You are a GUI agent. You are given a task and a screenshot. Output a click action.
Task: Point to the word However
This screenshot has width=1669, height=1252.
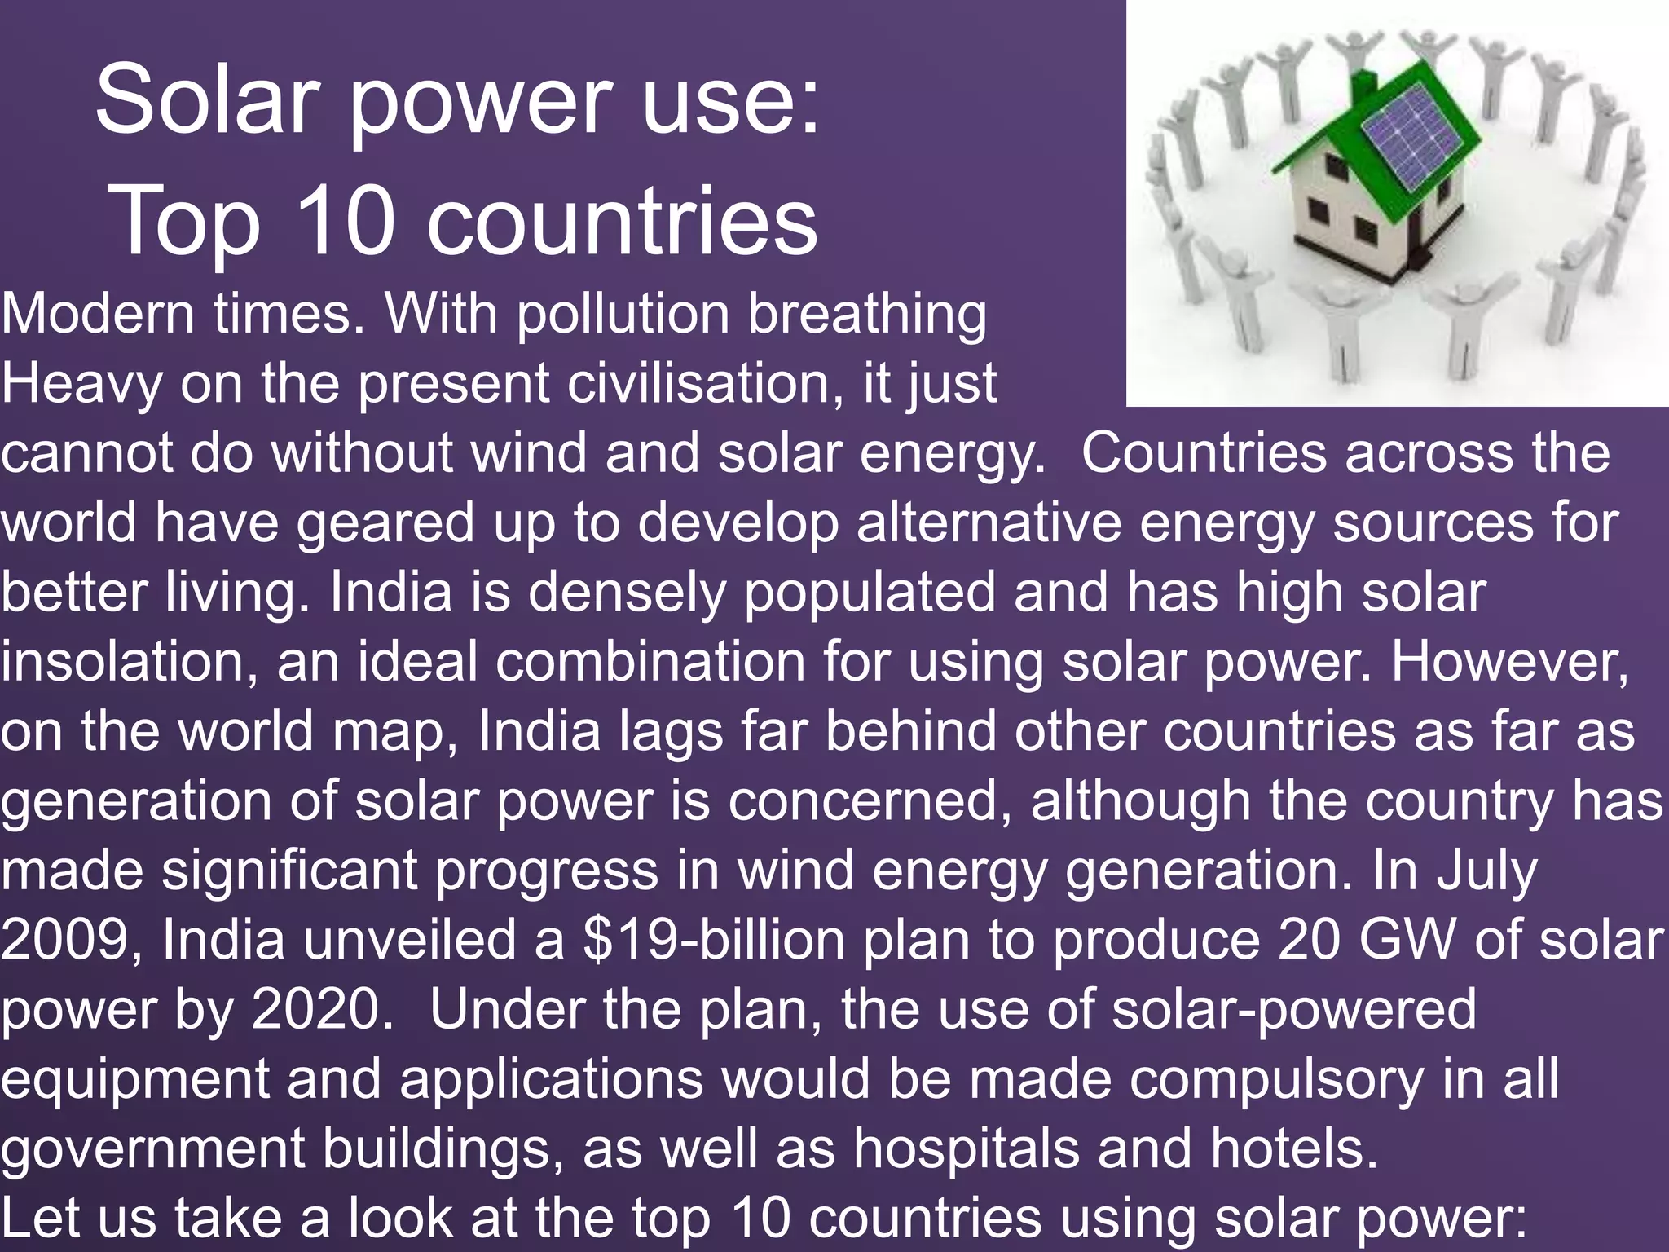[x=1508, y=663]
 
